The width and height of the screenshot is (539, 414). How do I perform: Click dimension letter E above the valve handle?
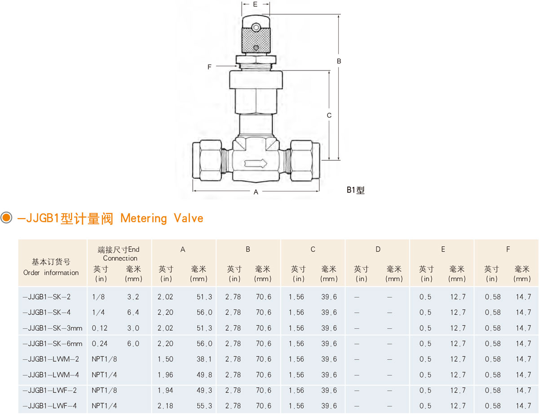coord(255,4)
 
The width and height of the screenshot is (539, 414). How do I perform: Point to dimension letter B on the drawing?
coord(340,61)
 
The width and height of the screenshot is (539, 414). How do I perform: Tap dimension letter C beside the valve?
coord(329,115)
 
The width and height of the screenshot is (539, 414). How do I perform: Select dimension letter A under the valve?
coord(256,192)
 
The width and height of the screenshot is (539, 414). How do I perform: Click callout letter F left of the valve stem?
coord(209,67)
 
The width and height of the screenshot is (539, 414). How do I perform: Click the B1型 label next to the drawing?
coord(355,190)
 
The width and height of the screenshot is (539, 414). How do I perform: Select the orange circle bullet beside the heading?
coord(6,218)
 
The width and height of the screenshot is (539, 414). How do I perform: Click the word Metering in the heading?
coord(143,219)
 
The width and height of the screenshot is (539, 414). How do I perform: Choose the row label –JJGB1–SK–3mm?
coord(53,328)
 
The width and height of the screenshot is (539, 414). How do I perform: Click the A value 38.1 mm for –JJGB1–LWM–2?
coord(203,359)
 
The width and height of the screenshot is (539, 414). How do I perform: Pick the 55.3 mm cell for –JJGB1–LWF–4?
coord(203,406)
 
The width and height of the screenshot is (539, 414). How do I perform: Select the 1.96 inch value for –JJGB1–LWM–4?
coord(165,375)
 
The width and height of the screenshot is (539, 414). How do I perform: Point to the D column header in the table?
coord(378,249)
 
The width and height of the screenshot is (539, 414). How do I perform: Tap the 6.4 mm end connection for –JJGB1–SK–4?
coord(133,313)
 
